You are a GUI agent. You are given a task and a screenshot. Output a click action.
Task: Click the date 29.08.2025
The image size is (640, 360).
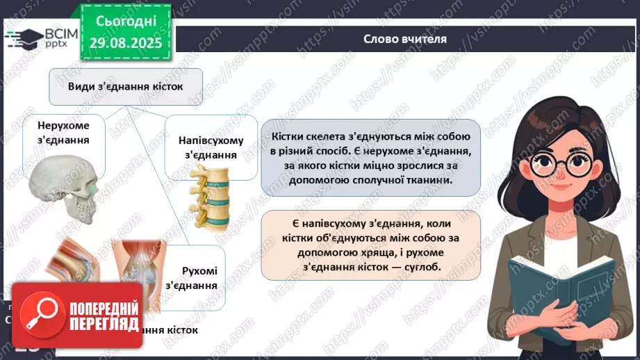(125, 42)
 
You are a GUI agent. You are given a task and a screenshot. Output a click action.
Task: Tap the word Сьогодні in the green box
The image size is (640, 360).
(125, 22)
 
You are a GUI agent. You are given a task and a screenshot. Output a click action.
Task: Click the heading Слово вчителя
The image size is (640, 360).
(405, 39)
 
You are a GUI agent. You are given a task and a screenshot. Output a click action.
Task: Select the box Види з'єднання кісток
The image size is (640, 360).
(125, 86)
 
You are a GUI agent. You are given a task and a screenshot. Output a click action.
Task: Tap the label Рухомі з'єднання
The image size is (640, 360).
(199, 277)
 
